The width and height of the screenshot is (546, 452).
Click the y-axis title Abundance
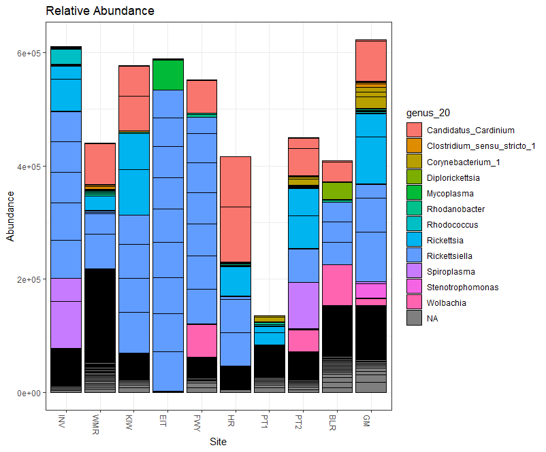(10, 216)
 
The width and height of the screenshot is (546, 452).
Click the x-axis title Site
(218, 441)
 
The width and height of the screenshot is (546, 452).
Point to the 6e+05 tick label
(29, 53)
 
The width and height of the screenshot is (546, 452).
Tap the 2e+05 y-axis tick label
(29, 279)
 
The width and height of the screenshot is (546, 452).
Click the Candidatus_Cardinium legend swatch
(414, 130)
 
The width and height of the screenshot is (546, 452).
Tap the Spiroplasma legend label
(450, 271)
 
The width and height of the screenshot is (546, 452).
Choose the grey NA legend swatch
(414, 318)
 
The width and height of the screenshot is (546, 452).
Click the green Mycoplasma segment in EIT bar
(167, 75)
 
